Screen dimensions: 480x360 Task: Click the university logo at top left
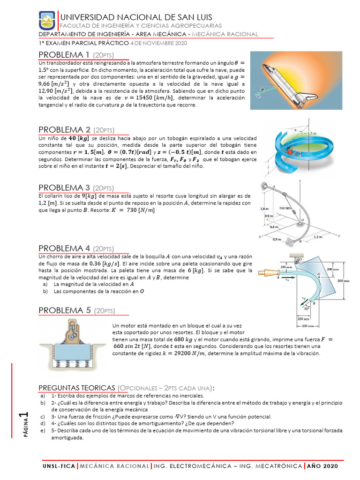tap(46, 21)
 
